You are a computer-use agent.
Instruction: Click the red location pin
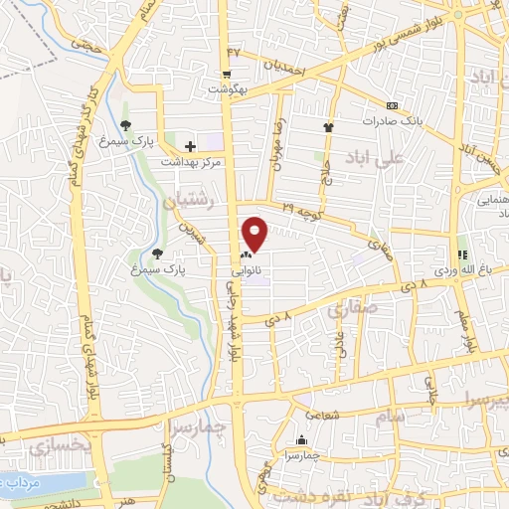(x=255, y=234)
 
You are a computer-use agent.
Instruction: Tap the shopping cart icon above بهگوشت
(x=227, y=74)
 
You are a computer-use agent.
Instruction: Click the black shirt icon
(x=328, y=127)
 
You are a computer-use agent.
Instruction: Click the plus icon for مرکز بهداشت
(x=190, y=146)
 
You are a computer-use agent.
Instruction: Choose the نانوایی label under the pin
(x=246, y=269)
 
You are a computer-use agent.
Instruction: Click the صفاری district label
(x=349, y=314)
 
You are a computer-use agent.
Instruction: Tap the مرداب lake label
(x=21, y=481)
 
